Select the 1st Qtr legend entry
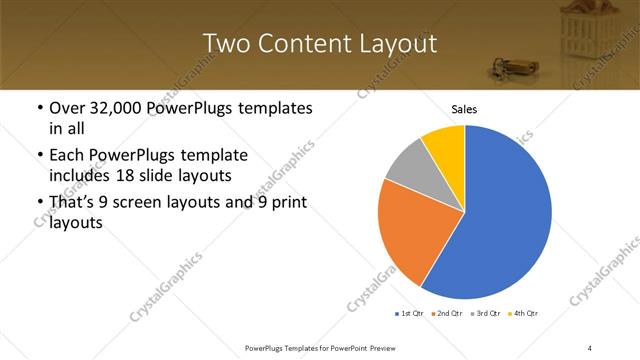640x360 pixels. [408, 314]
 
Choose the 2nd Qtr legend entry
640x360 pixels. [446, 314]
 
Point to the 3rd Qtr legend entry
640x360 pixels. [485, 314]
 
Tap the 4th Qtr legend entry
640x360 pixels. [523, 314]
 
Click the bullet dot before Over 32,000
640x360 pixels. [38, 108]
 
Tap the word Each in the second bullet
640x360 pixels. [66, 156]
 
